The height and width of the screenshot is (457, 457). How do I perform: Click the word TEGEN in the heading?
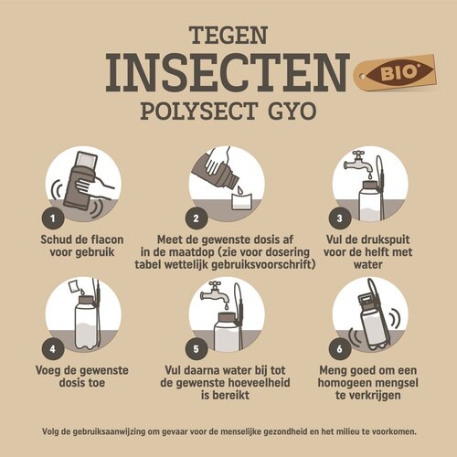point(228,36)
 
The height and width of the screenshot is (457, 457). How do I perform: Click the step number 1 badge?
point(54,220)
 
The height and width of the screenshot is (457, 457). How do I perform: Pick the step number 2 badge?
point(196,220)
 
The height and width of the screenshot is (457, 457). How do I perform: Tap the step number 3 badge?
point(340,220)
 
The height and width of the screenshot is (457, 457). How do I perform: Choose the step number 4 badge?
point(54,348)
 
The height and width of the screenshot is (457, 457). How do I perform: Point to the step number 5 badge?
point(196,348)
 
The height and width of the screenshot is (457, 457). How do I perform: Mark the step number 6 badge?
point(340,348)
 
